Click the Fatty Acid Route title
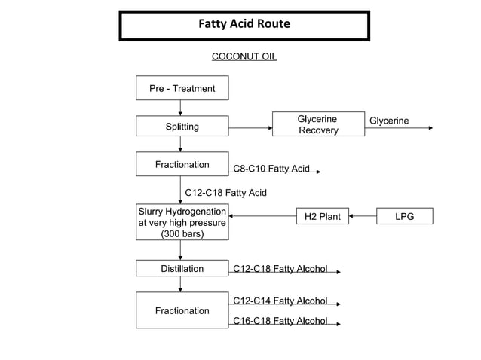(x=244, y=24)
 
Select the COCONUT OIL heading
(x=244, y=57)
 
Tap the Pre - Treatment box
(x=182, y=88)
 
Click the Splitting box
(x=182, y=127)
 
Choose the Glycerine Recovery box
(x=317, y=125)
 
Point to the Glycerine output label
(x=389, y=121)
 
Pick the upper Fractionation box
(x=182, y=164)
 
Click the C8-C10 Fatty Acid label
(x=271, y=169)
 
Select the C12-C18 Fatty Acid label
(x=226, y=193)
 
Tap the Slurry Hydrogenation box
(x=182, y=223)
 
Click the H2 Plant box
(x=323, y=217)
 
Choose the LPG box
(x=405, y=217)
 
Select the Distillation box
(x=182, y=269)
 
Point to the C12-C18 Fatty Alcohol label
(x=280, y=268)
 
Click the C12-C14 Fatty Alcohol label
(x=280, y=301)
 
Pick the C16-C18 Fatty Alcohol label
(x=280, y=321)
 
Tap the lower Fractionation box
(x=182, y=310)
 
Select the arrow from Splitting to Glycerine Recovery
(x=250, y=127)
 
